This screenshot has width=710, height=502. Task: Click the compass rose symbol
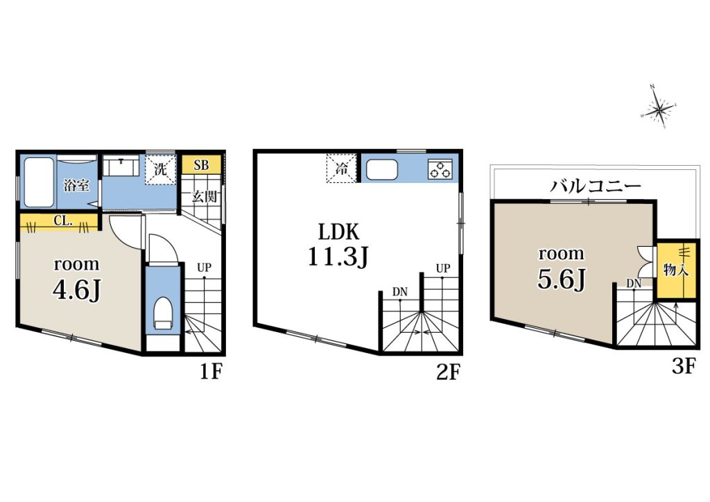(659, 107)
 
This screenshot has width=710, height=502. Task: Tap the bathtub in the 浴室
(38, 182)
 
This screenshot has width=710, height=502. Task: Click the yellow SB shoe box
(202, 165)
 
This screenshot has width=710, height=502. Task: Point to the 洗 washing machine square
(160, 170)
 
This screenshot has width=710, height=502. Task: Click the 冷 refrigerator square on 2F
(341, 168)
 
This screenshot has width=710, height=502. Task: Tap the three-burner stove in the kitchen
(440, 169)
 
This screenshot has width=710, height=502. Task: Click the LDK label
(338, 232)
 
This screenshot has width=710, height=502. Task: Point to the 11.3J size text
(338, 257)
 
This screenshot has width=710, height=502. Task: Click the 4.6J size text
(76, 291)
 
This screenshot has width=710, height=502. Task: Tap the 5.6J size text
(562, 279)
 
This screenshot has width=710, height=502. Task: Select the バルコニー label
(596, 186)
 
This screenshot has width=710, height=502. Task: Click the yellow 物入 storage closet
(677, 270)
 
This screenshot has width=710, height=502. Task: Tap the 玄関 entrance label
(205, 197)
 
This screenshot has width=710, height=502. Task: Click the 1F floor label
(211, 372)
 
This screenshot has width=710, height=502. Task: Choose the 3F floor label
(683, 366)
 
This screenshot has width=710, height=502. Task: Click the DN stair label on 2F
(400, 293)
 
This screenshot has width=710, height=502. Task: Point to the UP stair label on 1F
(205, 268)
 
